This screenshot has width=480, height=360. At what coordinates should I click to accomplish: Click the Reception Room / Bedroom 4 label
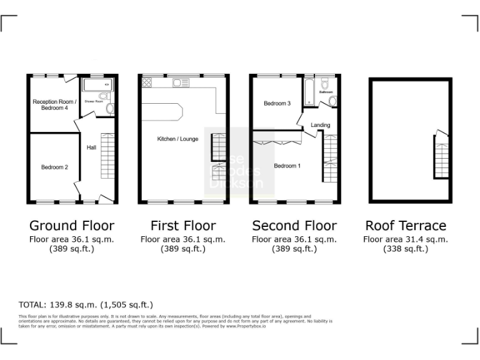point(54,104)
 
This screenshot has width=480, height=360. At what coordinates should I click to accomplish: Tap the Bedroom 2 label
point(54,167)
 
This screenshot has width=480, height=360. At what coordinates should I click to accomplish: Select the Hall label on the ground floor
point(91,147)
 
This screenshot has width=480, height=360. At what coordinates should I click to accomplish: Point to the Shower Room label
point(93,101)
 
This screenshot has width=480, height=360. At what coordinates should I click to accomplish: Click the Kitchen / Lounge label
point(177,139)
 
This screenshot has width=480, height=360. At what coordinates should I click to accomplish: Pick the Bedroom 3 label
point(277,103)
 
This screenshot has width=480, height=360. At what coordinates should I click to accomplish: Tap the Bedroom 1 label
point(287,166)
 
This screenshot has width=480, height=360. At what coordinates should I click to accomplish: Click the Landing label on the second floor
point(320,126)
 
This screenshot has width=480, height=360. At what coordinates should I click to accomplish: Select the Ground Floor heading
point(72,226)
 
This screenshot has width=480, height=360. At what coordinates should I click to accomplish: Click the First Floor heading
point(183,226)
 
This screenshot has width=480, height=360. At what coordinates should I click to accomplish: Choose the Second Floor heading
point(294,226)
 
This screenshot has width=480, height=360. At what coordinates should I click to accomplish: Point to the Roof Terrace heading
point(406,226)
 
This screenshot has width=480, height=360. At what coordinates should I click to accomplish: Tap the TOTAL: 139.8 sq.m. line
point(86,305)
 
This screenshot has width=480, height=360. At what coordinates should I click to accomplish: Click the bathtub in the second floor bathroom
point(309,94)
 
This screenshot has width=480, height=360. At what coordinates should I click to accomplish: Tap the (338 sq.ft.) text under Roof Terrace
point(406,249)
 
